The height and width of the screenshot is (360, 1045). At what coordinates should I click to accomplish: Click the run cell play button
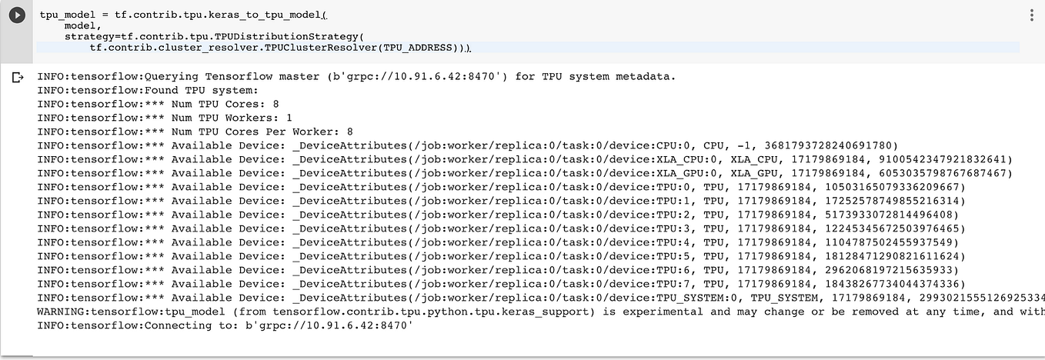(17, 15)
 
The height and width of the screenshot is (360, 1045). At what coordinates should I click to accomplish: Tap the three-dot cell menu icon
(1031, 15)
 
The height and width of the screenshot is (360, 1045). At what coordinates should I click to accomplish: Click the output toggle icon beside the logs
(17, 78)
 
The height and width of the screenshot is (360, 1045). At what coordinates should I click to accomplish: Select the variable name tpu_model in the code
(67, 15)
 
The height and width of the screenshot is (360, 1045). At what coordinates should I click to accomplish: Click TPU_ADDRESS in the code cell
(418, 48)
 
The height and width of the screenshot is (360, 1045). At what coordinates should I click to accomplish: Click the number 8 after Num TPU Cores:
(275, 104)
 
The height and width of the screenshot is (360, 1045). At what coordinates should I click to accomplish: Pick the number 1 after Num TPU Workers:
(289, 118)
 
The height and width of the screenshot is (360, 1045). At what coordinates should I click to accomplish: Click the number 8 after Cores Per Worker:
(350, 132)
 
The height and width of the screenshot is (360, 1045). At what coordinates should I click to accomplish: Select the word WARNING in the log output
(60, 312)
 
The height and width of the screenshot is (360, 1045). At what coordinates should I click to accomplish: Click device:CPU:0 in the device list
(652, 145)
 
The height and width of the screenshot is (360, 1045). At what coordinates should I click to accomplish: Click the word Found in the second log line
(161, 91)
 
